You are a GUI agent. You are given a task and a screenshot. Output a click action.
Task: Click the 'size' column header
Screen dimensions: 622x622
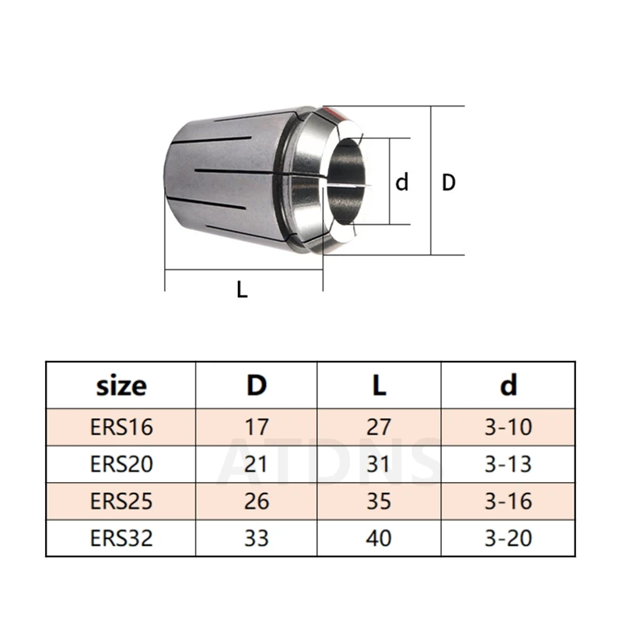point(121,386)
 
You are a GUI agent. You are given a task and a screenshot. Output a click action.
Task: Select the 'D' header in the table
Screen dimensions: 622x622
point(257,385)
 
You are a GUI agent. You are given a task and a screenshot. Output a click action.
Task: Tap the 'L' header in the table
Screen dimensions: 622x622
point(379,385)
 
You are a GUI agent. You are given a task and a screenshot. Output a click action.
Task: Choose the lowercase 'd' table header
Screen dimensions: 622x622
point(508,384)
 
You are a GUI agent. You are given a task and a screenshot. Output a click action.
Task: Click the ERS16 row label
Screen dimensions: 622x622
point(121,427)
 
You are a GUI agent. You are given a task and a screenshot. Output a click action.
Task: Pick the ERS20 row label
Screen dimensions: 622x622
point(121,463)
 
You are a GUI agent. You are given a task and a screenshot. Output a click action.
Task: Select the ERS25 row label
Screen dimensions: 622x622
point(121,501)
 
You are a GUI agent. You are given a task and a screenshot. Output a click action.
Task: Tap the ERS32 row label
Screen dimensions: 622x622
point(121,538)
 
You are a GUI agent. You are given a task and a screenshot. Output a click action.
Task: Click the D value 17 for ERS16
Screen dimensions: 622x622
point(257,427)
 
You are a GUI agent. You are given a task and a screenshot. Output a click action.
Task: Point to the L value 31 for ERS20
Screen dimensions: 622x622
point(379,463)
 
